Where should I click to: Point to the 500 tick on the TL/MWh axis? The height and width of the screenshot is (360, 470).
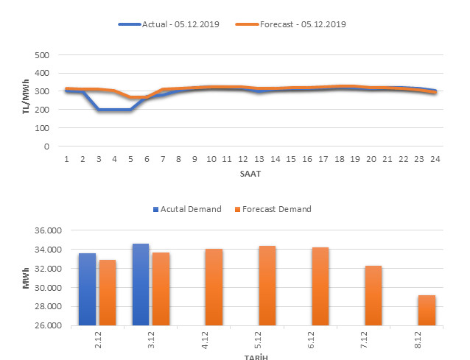(x=42, y=55)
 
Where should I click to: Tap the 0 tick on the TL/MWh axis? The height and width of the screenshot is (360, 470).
(x=46, y=147)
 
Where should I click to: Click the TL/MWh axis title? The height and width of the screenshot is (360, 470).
(x=26, y=100)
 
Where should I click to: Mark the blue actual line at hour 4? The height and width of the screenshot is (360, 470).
(x=114, y=110)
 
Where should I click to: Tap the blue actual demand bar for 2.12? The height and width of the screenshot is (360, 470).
(x=87, y=289)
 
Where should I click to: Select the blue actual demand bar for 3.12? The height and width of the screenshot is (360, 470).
(x=141, y=284)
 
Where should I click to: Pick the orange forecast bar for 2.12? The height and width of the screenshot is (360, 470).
(x=108, y=292)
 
